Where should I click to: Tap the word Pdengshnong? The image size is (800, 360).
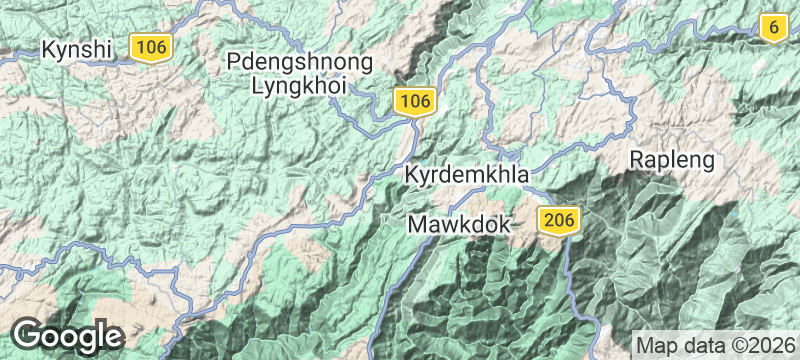click(300, 62)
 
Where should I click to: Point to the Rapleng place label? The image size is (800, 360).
click(672, 159)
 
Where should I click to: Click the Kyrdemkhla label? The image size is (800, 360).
click(466, 175)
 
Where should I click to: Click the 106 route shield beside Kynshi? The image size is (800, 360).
click(151, 46)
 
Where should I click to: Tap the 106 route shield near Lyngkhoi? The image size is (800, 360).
click(415, 100)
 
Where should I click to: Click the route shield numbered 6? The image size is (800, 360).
click(772, 27)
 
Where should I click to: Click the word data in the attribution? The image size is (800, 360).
click(702, 343)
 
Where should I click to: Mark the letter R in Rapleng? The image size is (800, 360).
click(637, 159)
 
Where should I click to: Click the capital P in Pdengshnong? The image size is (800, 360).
click(235, 62)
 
